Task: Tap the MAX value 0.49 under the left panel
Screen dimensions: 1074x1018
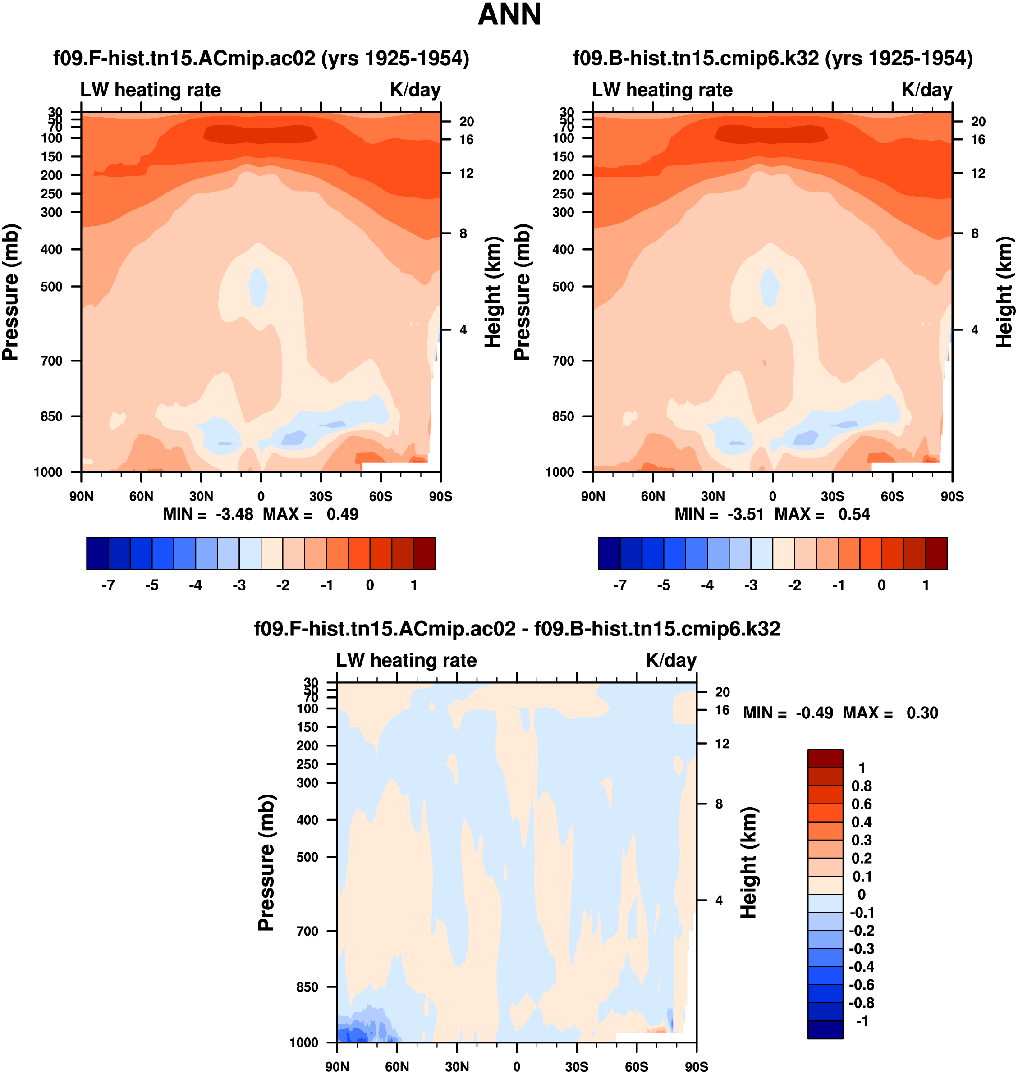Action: click(342, 514)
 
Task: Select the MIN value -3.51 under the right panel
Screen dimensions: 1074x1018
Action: click(745, 514)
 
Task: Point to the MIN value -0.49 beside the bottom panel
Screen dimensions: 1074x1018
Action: click(814, 712)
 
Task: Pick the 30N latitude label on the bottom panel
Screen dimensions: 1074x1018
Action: click(456, 1066)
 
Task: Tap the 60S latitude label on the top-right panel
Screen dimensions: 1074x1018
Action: click(892, 496)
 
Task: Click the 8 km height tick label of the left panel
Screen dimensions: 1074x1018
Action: click(463, 233)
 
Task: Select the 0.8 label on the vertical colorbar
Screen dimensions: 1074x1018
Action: click(862, 786)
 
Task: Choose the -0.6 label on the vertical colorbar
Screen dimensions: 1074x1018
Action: click(861, 984)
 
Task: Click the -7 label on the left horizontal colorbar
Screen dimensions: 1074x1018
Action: click(108, 585)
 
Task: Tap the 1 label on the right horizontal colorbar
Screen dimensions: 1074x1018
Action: click(925, 585)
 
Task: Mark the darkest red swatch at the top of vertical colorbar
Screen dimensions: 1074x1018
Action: click(825, 759)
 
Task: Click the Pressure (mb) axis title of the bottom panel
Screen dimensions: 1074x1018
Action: click(266, 863)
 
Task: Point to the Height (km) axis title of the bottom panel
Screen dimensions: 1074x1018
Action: click(749, 863)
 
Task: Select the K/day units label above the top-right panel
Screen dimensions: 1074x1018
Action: click(927, 90)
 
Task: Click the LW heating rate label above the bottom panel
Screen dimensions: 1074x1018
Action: click(407, 660)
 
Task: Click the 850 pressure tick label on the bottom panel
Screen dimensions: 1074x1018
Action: click(307, 987)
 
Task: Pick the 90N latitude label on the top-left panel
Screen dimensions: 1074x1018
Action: click(82, 496)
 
